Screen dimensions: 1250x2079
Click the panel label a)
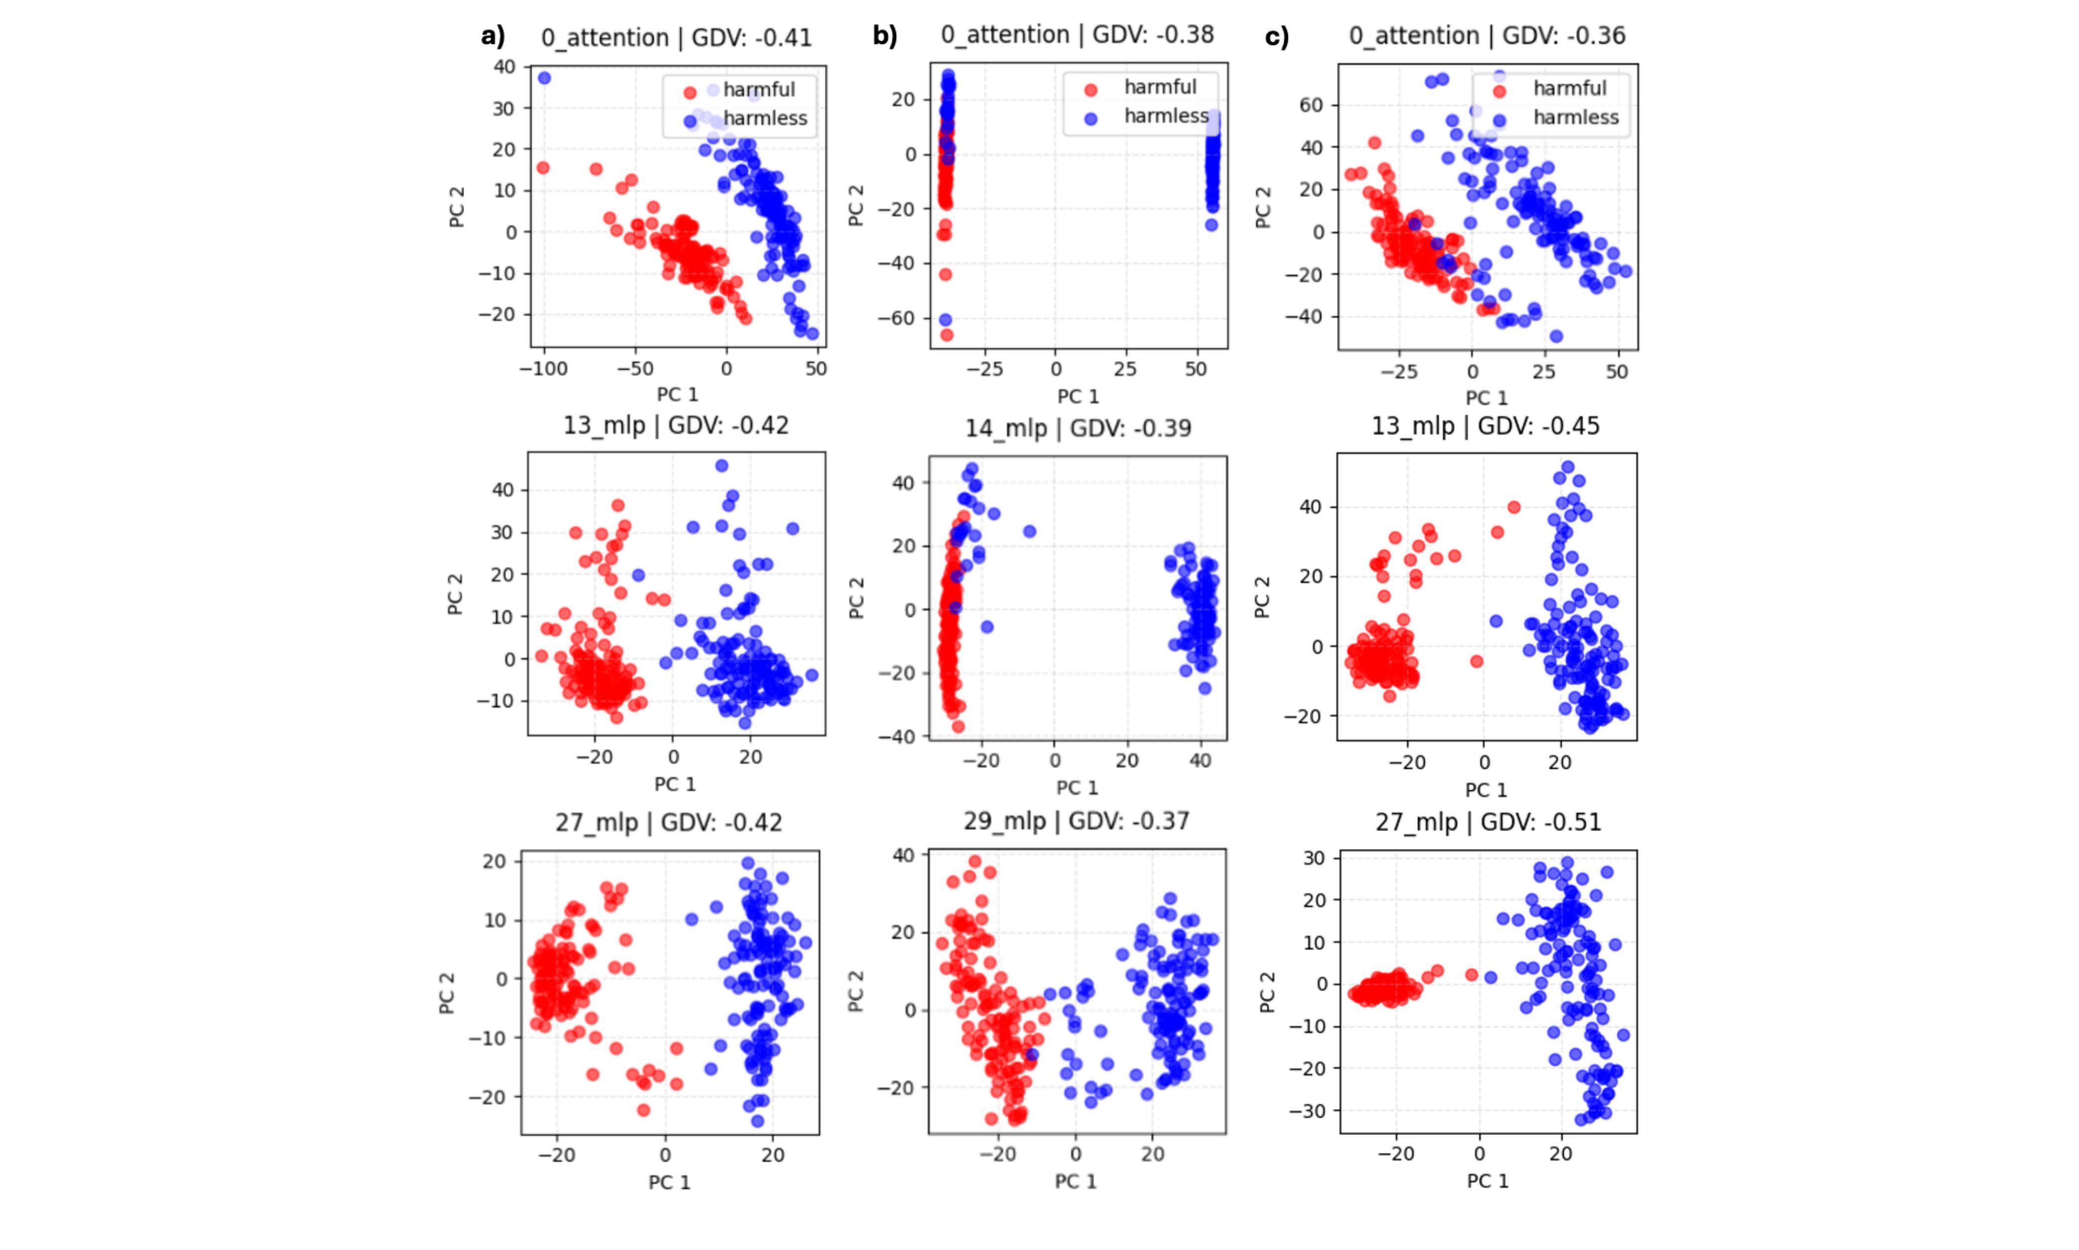point(493,36)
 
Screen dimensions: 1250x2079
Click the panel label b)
point(885,35)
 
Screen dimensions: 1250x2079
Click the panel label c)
point(1277,37)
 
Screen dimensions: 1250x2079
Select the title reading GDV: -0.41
point(676,38)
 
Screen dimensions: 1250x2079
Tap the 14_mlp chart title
point(1078,429)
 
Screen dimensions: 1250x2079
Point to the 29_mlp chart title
point(1076,821)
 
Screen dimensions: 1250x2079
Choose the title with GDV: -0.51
point(1488,822)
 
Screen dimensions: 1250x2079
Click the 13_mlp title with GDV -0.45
point(1485,426)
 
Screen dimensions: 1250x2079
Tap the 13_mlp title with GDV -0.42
point(676,425)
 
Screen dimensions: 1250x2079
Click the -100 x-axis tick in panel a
point(544,369)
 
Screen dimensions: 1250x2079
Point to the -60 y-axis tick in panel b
point(897,318)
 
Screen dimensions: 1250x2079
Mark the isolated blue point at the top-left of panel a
point(545,78)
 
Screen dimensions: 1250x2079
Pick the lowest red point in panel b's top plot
point(946,334)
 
